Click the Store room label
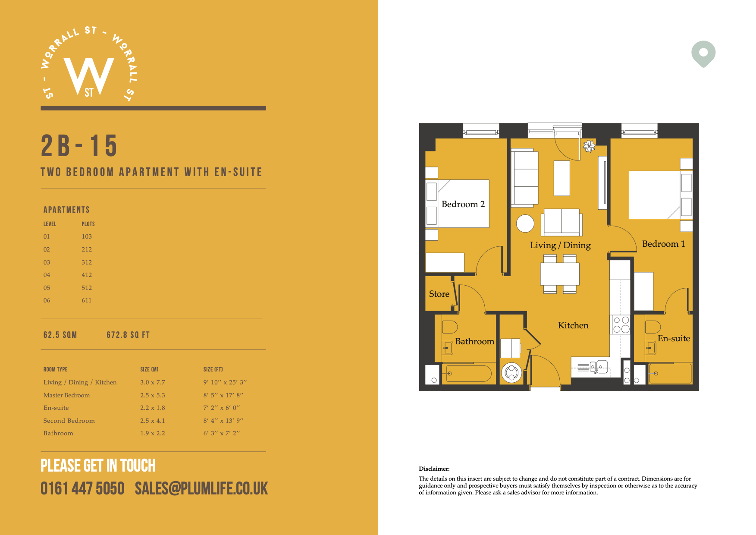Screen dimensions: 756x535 (439, 294)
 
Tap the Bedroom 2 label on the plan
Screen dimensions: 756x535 (463, 204)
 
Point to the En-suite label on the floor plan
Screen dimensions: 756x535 (674, 338)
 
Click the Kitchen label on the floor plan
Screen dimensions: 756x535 (573, 325)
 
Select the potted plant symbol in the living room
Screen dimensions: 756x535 (589, 146)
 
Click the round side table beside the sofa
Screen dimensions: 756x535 (525, 223)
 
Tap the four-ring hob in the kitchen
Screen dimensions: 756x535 (621, 324)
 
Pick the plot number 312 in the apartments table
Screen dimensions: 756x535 (87, 262)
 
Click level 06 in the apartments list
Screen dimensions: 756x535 (47, 300)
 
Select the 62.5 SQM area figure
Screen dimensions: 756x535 (60, 335)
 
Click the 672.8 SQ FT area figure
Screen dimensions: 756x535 (128, 335)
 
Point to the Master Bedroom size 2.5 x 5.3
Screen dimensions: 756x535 (153, 395)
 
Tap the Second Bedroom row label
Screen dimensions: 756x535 (69, 421)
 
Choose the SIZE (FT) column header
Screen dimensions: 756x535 (213, 369)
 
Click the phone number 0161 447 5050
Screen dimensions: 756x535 (82, 488)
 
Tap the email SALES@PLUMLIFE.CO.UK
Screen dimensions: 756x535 (201, 488)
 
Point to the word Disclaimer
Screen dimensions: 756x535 (434, 469)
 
